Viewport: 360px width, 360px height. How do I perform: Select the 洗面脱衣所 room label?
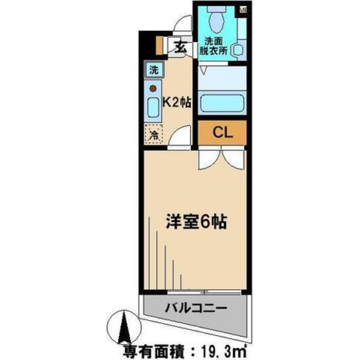pyautogui.click(x=216, y=46)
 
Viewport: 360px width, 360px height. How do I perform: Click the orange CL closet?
pyautogui.click(x=222, y=132)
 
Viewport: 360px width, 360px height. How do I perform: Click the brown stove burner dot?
pyautogui.click(x=153, y=87)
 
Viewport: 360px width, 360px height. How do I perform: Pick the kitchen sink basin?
pyautogui.click(x=153, y=107)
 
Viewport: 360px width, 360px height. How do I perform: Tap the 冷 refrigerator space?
pyautogui.click(x=154, y=134)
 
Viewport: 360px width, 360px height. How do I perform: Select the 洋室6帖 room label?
pyautogui.click(x=196, y=222)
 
